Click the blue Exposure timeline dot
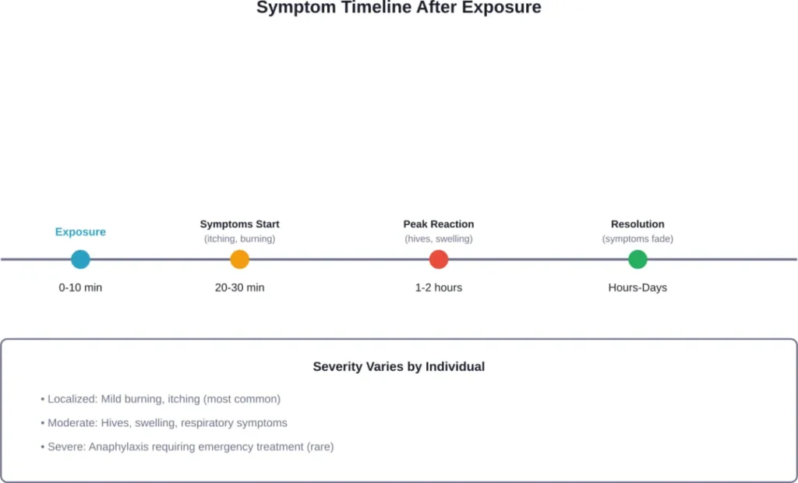(80, 259)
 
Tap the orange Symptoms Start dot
(240, 259)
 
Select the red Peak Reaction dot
(439, 259)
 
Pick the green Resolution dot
(637, 259)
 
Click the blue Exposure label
(80, 232)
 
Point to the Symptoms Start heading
(239, 224)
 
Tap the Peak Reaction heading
(439, 224)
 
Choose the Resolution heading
(637, 224)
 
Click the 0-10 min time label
(80, 287)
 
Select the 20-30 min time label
(239, 287)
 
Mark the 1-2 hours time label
(439, 287)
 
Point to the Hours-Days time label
(637, 287)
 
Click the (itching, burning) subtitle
(239, 239)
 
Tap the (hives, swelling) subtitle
(439, 239)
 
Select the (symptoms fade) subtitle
(637, 239)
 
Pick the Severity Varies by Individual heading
(399, 366)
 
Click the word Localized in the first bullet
(72, 399)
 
